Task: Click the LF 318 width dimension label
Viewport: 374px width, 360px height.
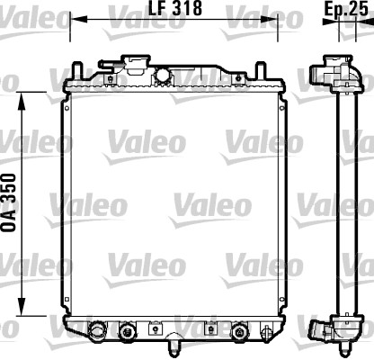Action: pos(174,8)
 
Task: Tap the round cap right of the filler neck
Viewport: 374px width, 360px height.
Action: pos(164,74)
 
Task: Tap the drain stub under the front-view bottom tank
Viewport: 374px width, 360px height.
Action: pos(174,342)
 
